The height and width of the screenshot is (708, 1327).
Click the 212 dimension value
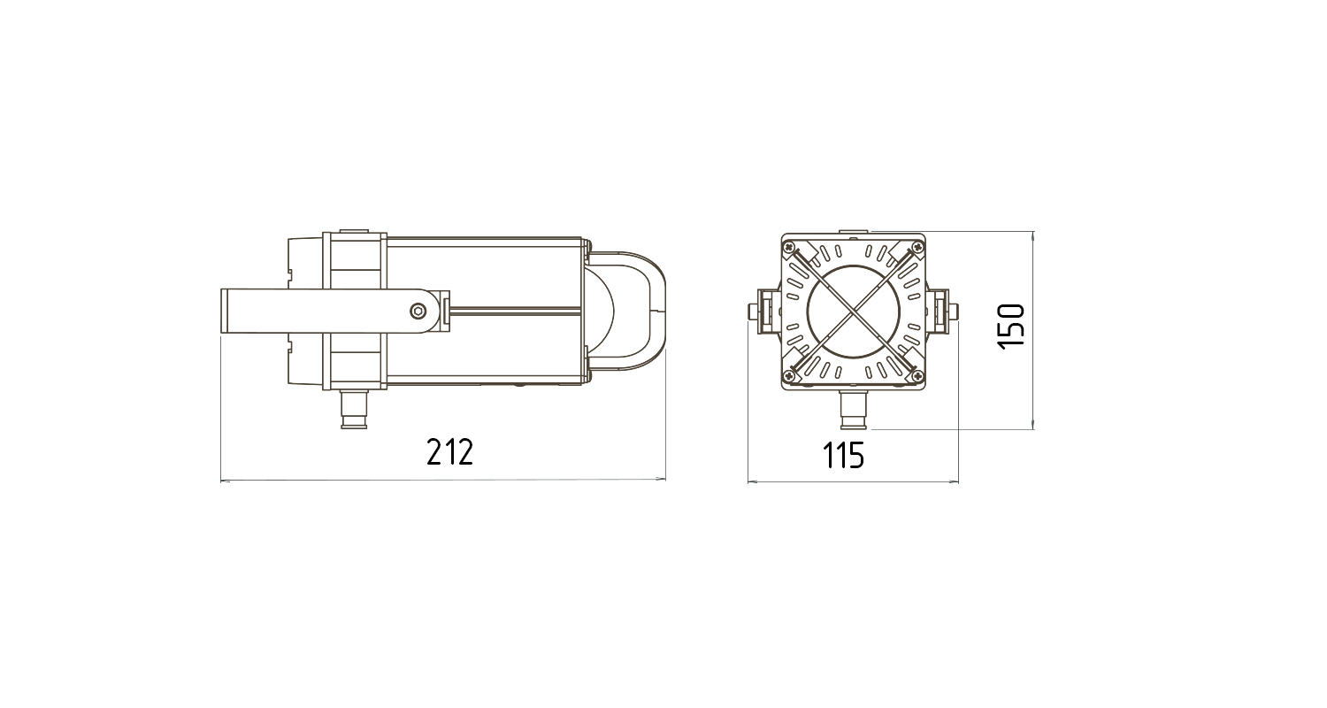coord(450,452)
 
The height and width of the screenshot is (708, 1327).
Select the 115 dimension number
coord(843,456)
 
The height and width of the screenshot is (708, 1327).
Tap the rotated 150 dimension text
coord(1011,327)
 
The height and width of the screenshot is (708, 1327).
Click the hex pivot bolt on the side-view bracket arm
coord(418,311)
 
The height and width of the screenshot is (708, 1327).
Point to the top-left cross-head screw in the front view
coord(788,246)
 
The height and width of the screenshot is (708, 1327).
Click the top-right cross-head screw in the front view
coord(919,246)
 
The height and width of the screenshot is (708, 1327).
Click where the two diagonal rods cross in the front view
coord(854,311)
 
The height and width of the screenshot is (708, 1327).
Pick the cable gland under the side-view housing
coord(354,409)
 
